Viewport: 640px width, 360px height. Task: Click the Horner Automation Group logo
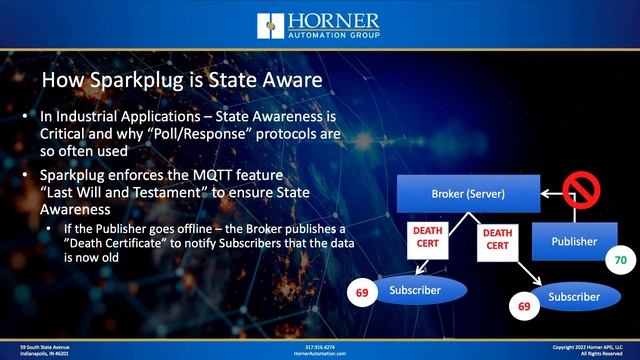pos(319,26)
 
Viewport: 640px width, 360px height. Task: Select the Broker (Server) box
pos(467,191)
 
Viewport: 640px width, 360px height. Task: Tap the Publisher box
pos(574,241)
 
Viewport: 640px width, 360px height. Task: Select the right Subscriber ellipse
pos(575,297)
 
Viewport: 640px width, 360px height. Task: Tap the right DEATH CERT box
pos(497,241)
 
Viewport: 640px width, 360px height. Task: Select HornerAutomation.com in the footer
pos(321,353)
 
